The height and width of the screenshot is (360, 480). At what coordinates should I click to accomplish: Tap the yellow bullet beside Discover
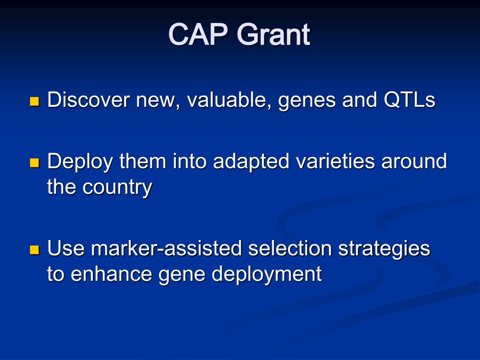pyautogui.click(x=35, y=101)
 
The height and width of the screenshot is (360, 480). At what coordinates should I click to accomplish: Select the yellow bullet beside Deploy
pyautogui.click(x=35, y=163)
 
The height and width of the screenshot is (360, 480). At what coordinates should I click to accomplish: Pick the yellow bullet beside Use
pyautogui.click(x=35, y=250)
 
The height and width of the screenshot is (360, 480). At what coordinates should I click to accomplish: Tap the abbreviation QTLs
pyautogui.click(x=409, y=100)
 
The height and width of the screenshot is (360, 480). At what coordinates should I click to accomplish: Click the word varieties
pyautogui.click(x=335, y=161)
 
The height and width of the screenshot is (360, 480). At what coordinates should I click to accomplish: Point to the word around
pyautogui.click(x=414, y=161)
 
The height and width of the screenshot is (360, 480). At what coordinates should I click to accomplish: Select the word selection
pyautogui.click(x=290, y=248)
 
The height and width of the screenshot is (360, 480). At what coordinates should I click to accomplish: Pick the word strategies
pyautogui.click(x=384, y=250)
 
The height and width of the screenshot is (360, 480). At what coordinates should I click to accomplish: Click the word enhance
pyautogui.click(x=111, y=274)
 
